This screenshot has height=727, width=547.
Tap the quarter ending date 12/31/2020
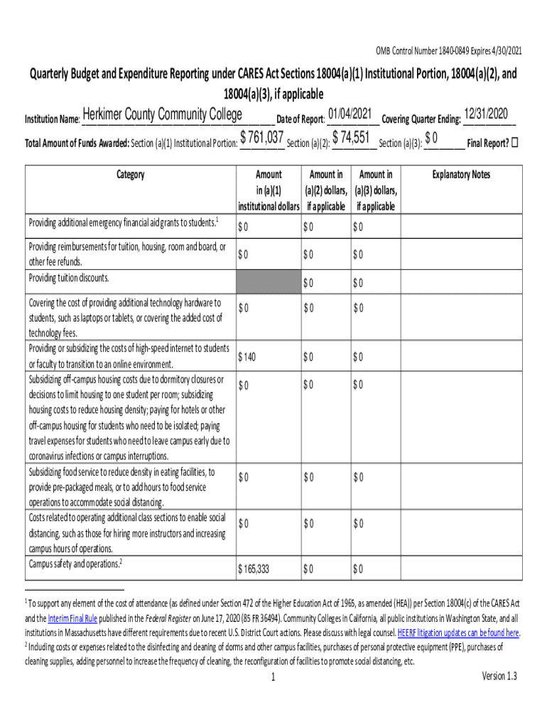coord(489,114)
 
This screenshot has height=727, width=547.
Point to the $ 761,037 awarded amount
coord(262,138)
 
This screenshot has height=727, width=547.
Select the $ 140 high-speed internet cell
coord(247,357)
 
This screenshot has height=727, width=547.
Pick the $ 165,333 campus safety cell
coord(254,569)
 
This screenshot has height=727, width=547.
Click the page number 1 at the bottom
coord(273,678)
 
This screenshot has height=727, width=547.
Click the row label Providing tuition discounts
coord(69,278)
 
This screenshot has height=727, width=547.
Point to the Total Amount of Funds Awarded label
coord(77,143)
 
